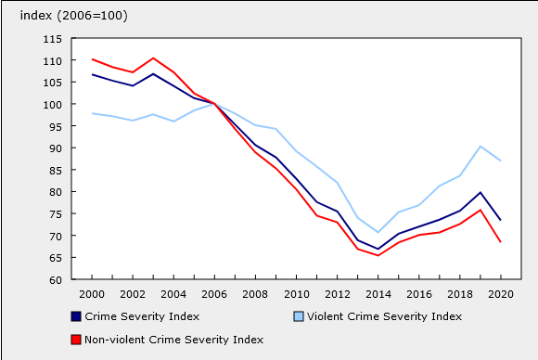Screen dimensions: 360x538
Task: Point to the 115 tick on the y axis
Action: pos(51,39)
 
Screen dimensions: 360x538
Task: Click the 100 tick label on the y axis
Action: pos(51,105)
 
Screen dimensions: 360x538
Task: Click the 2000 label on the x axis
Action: pos(91,294)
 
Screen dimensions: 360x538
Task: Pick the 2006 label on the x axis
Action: pos(214,294)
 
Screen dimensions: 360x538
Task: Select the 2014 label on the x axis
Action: pos(378,294)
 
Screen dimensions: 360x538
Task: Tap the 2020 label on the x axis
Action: pos(501,294)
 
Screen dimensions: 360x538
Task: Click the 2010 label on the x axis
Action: pos(296,294)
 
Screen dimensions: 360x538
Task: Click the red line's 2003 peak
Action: pos(153,58)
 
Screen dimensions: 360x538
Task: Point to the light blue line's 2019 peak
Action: pos(480,147)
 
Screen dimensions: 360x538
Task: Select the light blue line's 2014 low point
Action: pos(378,232)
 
